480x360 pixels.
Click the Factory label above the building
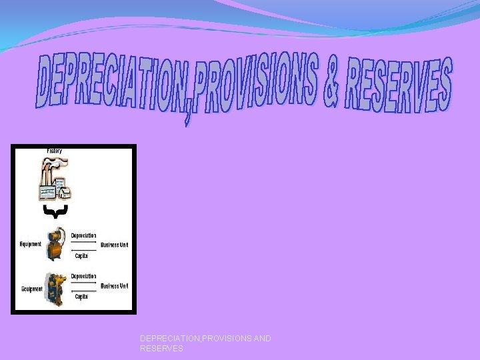click(55, 152)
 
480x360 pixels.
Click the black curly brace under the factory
click(51, 213)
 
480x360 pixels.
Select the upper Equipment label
click(31, 245)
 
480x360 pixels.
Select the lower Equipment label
click(31, 289)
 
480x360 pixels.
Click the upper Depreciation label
click(83, 235)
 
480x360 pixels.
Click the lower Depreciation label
click(83, 276)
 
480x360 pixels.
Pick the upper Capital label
click(81, 255)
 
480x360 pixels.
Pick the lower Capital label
click(81, 296)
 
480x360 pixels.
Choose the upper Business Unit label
click(114, 245)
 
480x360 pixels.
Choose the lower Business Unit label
click(114, 286)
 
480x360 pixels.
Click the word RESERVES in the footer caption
click(161, 349)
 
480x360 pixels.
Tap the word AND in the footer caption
click(262, 339)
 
